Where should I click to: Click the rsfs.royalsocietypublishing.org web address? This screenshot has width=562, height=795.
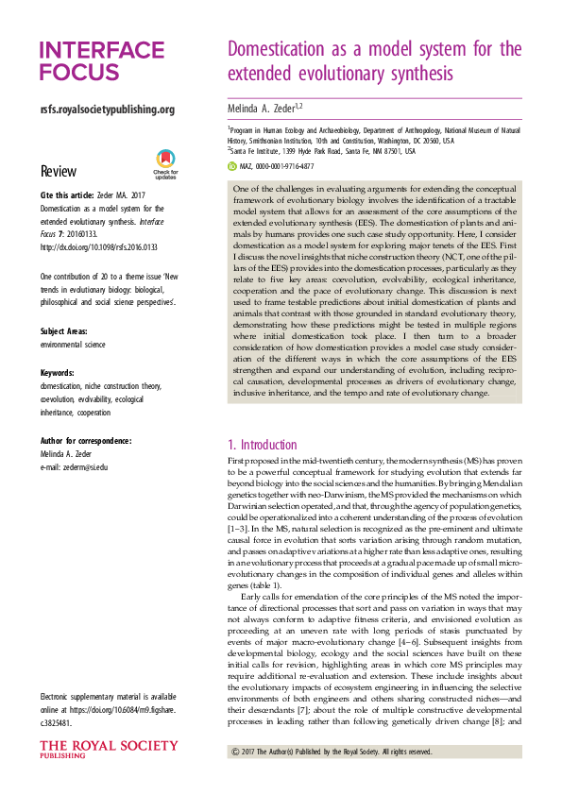(108, 110)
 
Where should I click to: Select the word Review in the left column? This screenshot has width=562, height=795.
(59, 171)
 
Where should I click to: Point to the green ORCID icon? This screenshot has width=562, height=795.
(232, 165)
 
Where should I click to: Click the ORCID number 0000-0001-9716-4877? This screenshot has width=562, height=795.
(286, 165)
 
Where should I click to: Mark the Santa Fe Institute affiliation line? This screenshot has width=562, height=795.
(322, 149)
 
